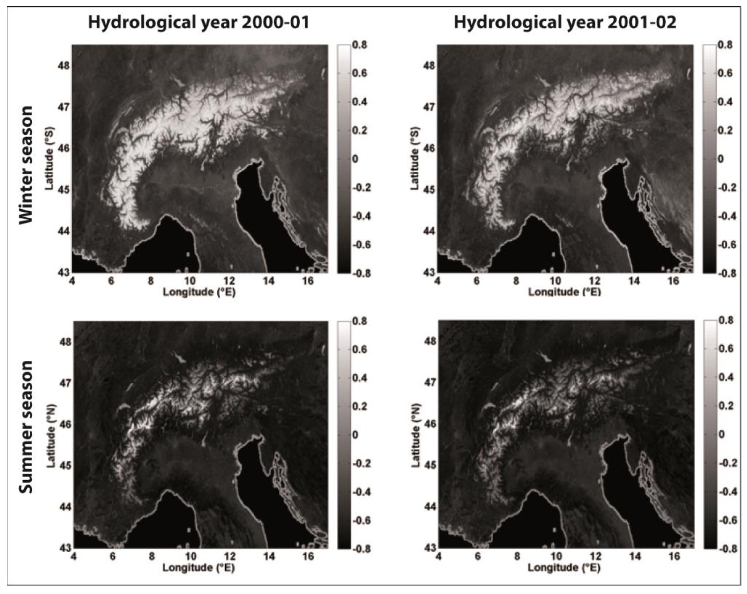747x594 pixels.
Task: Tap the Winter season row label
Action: tap(26, 165)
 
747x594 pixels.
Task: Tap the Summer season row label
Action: tap(26, 427)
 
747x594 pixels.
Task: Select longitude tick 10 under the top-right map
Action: tap(555, 280)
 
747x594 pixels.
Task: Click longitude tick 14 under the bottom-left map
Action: tap(269, 556)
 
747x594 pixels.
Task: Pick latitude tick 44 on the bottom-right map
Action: tap(430, 506)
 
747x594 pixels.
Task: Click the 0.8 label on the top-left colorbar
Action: tap(360, 45)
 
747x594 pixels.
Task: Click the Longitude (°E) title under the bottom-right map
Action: tap(564, 568)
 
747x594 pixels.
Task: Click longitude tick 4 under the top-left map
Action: tap(72, 280)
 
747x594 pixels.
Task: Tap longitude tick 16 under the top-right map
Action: tap(673, 280)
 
